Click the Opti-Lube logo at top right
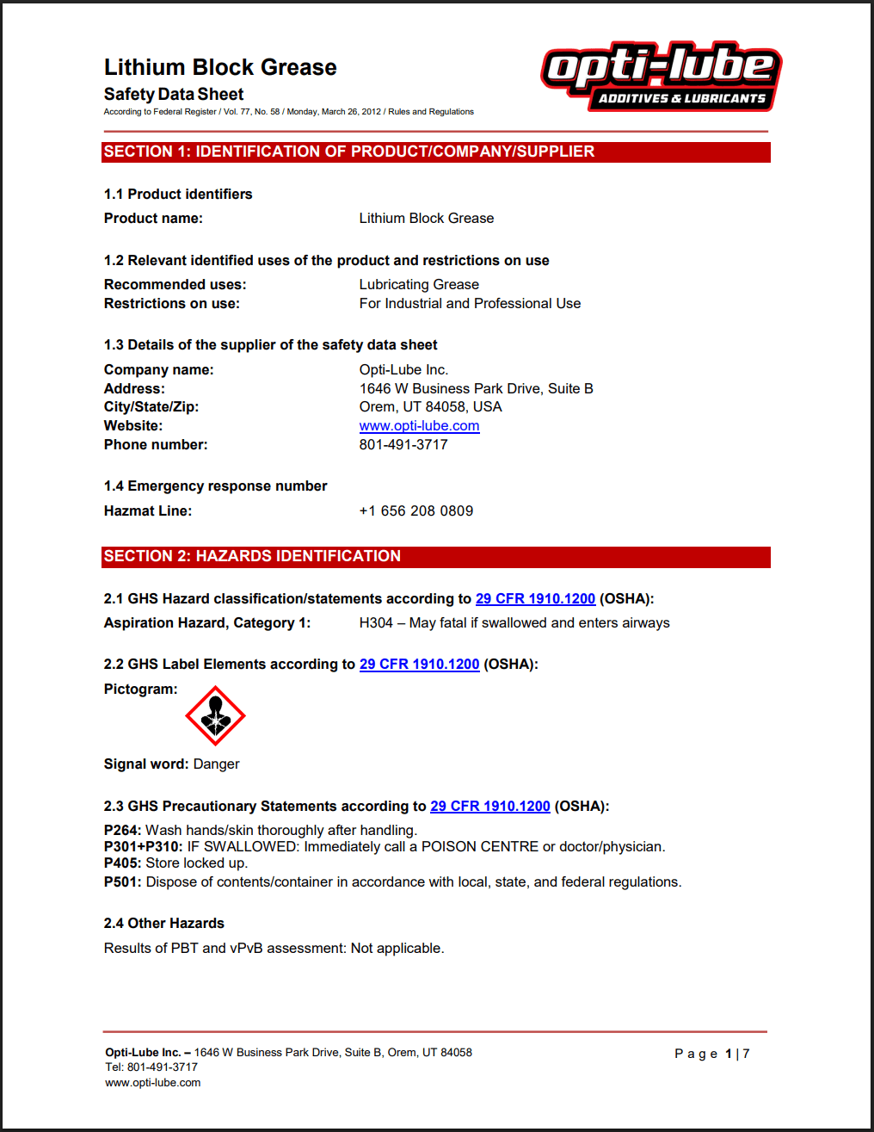[661, 76]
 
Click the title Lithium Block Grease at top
[220, 67]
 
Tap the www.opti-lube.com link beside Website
[419, 426]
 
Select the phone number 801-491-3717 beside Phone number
[403, 445]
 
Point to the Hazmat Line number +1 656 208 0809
[416, 511]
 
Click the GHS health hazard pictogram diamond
[215, 715]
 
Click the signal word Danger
[216, 764]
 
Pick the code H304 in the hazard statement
[376, 623]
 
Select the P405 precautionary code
[122, 863]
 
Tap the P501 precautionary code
[122, 882]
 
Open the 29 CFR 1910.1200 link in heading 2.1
[535, 599]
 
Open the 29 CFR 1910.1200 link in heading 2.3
[490, 807]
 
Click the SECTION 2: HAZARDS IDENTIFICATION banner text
[252, 556]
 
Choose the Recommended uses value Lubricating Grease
[419, 285]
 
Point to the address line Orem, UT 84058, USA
[430, 407]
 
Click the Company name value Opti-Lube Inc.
[403, 370]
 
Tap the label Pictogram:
[141, 690]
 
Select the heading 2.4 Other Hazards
[164, 924]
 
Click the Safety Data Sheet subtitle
[174, 95]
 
